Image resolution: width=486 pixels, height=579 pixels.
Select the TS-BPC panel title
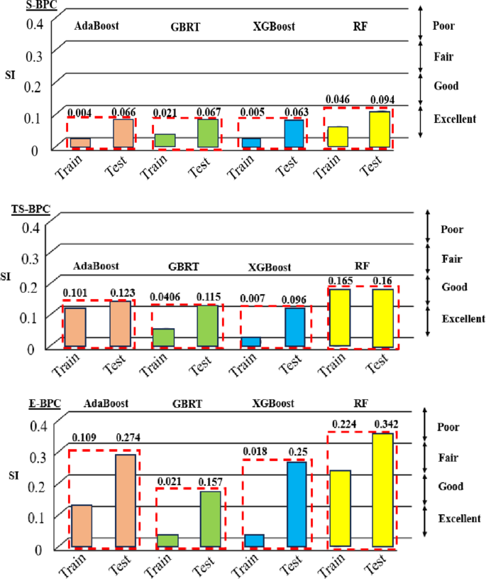click(33, 209)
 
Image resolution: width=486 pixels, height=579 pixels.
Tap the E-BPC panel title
click(31, 404)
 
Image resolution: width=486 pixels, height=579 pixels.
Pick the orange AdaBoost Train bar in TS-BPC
click(74, 327)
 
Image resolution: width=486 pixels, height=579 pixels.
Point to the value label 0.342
click(387, 425)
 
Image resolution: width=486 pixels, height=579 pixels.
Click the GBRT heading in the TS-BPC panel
click(183, 268)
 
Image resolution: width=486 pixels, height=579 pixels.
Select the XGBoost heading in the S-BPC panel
click(273, 27)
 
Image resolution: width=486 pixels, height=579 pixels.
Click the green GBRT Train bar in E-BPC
click(167, 540)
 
